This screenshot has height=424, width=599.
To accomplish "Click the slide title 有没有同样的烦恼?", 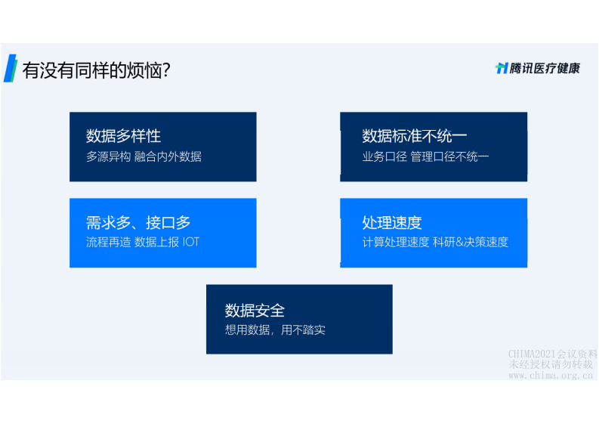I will [x=96, y=70].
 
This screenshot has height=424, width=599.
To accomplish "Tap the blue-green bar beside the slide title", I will [x=10, y=67].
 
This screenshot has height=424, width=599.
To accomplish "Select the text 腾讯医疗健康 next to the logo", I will [x=545, y=68].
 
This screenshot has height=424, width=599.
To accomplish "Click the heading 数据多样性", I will [x=123, y=136].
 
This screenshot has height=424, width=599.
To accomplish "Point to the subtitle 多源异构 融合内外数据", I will [x=144, y=156].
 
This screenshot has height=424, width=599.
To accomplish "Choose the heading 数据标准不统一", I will [x=414, y=136].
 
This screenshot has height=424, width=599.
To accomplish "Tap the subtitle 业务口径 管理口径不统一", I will [x=425, y=156].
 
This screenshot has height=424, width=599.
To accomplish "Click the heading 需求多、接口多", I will [x=138, y=222].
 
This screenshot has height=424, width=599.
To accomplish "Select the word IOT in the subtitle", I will [x=190, y=243].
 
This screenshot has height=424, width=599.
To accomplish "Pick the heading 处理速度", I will [x=391, y=222].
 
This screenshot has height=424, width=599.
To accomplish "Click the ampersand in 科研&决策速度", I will [x=467, y=243].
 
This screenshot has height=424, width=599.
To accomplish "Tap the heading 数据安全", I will [x=255, y=310].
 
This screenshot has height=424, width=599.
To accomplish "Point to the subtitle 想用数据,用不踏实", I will [x=275, y=330].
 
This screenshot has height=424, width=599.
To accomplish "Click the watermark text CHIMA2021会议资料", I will [x=552, y=354].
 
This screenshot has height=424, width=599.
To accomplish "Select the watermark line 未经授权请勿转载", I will [x=551, y=364].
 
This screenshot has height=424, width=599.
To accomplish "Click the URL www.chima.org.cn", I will [x=551, y=375].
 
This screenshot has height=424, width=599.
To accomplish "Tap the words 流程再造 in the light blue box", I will [x=108, y=243].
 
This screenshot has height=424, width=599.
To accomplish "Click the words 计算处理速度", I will [x=396, y=243].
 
